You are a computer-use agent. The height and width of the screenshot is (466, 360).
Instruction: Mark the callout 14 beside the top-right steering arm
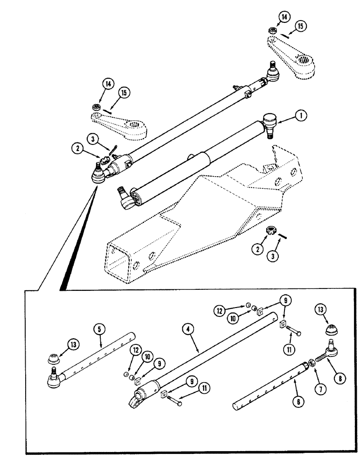284,18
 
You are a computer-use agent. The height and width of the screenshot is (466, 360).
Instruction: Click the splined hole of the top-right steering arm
304,60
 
